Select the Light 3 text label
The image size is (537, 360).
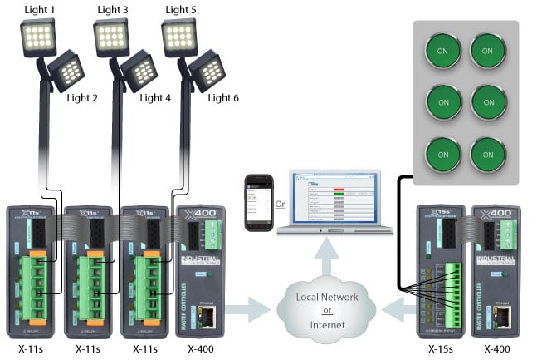pos(113,10)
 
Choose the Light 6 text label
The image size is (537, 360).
pos(223,98)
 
